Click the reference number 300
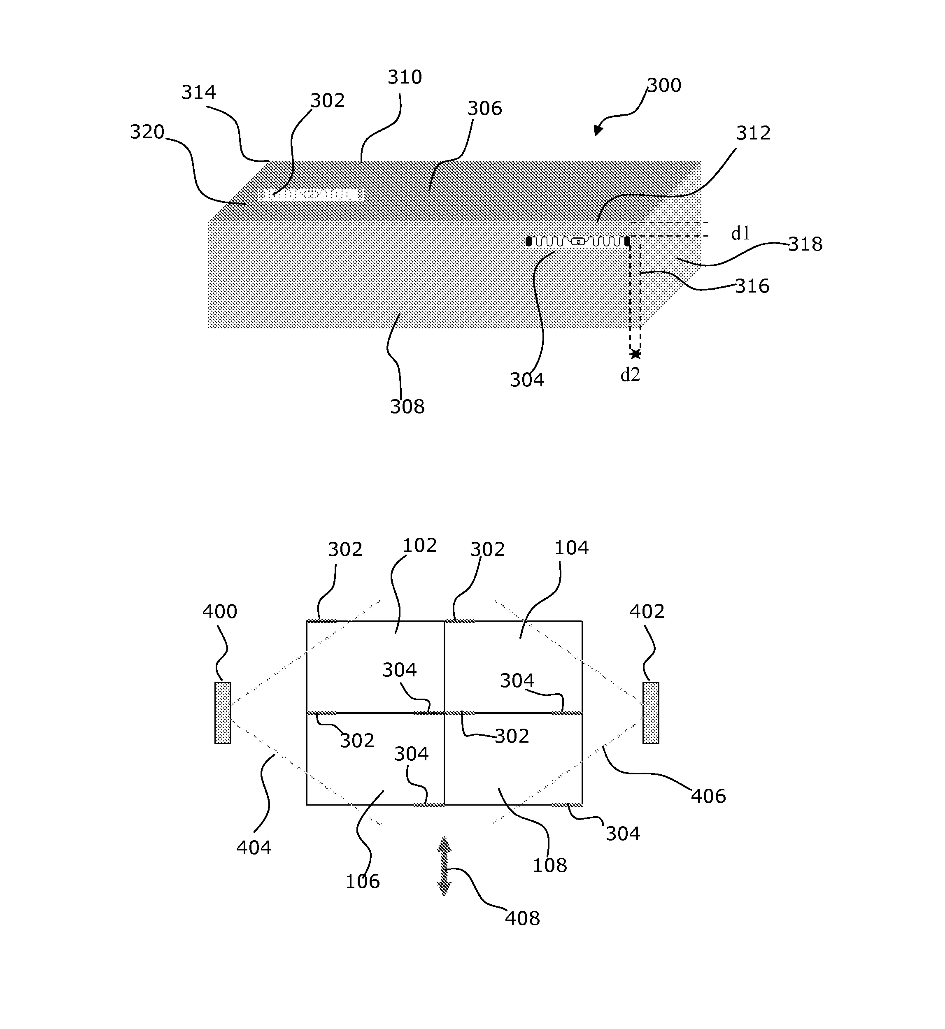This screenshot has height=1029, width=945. coord(664,85)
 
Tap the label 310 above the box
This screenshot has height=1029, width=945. coord(405,77)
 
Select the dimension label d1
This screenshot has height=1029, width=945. coord(740,233)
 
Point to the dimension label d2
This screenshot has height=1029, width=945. coord(630,375)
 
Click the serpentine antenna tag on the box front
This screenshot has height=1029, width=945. coord(578,241)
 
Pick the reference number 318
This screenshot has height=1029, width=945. coord(805,244)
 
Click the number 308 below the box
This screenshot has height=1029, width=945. coord(407,406)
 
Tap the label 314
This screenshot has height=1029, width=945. coord(198,93)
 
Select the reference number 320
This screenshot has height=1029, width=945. coord(147,132)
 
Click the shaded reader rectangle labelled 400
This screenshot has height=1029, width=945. coord(222,713)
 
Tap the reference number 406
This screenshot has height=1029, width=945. coord(708,796)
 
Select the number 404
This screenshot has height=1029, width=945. coord(254,848)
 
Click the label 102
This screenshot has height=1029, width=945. coord(419,546)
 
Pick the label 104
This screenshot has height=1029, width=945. coord(571,548)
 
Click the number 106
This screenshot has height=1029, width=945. coord(362,881)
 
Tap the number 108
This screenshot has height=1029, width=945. coord(550,865)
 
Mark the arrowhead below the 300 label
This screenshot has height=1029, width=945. coord(597,130)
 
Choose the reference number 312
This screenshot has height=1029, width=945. coord(753,133)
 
